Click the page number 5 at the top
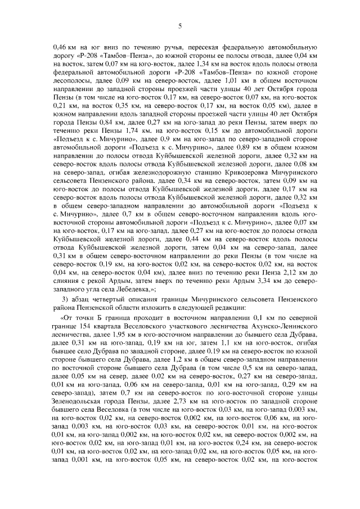point(180,25)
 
